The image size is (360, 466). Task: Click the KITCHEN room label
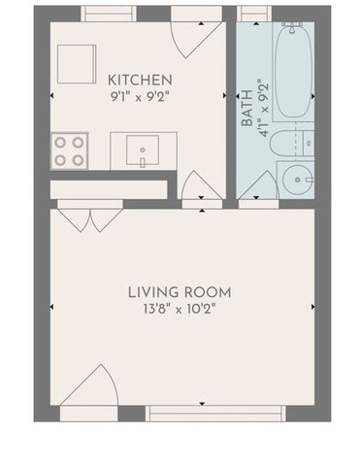pyautogui.click(x=141, y=80)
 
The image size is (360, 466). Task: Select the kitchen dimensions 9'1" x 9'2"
pyautogui.click(x=141, y=96)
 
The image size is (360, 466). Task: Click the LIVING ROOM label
pyautogui.click(x=180, y=291)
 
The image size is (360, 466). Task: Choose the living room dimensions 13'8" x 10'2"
pyautogui.click(x=180, y=311)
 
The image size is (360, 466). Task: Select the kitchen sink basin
pyautogui.click(x=147, y=152)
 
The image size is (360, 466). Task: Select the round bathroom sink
pyautogui.click(x=296, y=179)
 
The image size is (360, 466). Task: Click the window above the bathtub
pyautogui.click(x=254, y=13)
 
